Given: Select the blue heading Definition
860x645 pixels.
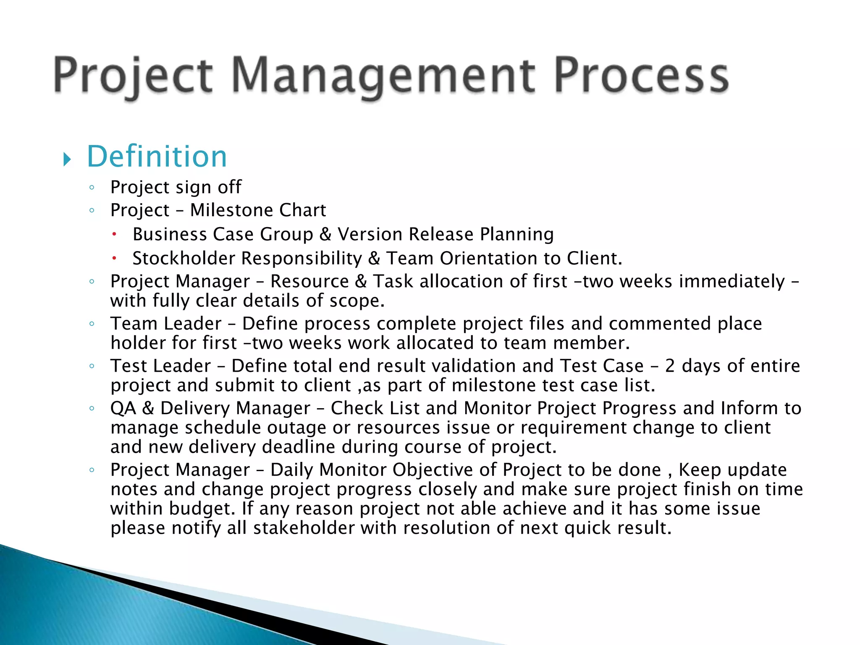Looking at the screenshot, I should [157, 157].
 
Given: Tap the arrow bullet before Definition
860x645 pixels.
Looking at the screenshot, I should [67, 160].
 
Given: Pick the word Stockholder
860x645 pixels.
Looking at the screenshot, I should [184, 258].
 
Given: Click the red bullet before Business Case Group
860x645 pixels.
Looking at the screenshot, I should [114, 234].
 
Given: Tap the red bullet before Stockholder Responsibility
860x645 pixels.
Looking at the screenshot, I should [114, 258].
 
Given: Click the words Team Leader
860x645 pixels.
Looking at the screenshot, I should [166, 324].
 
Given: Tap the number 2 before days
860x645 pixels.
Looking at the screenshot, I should [670, 366].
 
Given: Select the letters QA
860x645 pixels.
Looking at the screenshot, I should [123, 408].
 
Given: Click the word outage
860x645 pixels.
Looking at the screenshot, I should [296, 427].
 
